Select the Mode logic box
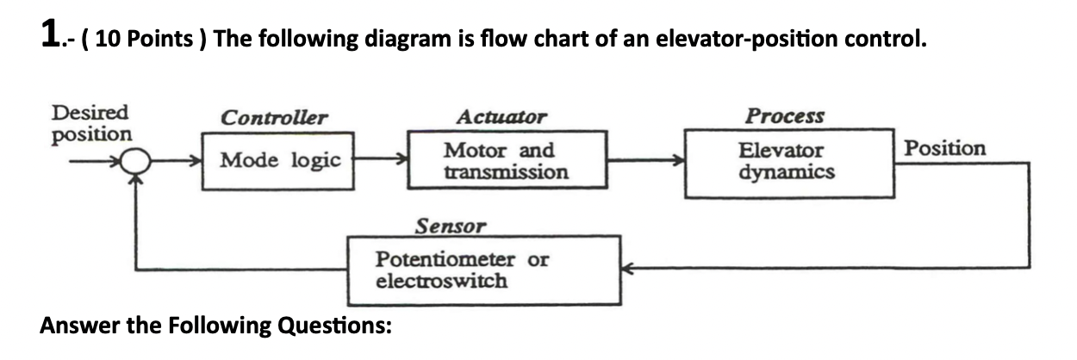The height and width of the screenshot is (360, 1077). tap(279, 160)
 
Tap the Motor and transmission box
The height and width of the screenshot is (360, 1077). tap(506, 160)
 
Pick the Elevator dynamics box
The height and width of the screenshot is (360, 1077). tap(786, 160)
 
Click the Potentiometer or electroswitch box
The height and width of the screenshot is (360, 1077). tap(483, 270)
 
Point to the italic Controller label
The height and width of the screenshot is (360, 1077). tap(273, 117)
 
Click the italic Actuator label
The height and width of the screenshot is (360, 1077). tap(501, 117)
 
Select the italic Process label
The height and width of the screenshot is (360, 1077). tap(784, 115)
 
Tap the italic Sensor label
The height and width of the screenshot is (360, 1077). tap(450, 227)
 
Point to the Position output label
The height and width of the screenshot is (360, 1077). tap(944, 148)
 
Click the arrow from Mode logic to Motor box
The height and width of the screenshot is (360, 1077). tap(381, 160)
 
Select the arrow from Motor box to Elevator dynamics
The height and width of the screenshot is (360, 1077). tap(645, 160)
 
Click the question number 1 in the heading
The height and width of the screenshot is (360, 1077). tap(51, 35)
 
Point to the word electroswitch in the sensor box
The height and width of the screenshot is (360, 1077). tap(441, 282)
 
